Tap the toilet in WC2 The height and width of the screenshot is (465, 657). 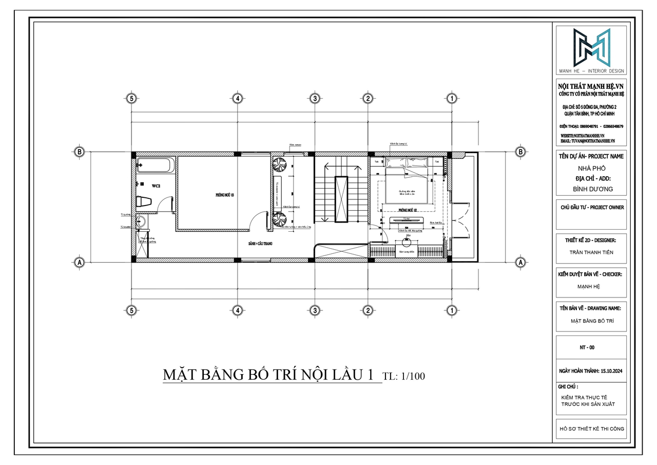coord(145,202)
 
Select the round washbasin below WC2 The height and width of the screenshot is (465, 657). coord(142,222)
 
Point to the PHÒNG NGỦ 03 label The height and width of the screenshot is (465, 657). coord(224,195)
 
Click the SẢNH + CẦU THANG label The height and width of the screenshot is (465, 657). coord(260,244)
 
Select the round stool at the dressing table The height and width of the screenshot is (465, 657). coord(405,246)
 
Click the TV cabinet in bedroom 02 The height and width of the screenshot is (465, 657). coord(407,221)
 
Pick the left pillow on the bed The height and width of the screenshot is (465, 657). coord(396,163)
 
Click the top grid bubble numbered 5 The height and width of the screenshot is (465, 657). coord(132,98)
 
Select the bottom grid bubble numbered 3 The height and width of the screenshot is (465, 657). coord(315,310)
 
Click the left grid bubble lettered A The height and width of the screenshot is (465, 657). coord(79,262)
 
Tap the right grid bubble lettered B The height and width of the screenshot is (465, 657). coord(520,152)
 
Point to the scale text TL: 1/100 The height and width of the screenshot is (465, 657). coord(404,376)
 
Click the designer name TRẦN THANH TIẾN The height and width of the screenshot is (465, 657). coord(591,252)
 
